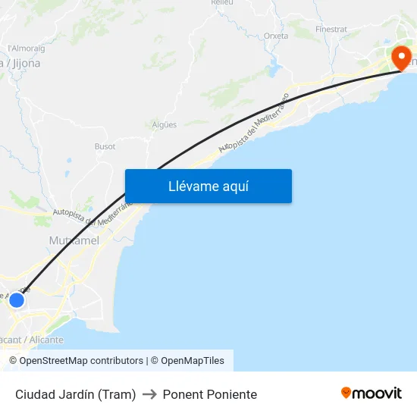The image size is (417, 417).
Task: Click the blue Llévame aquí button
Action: (208, 186)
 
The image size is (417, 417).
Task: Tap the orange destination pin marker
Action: (400, 58)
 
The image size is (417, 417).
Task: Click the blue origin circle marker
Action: (17, 300)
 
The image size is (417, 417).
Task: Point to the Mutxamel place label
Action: (74, 240)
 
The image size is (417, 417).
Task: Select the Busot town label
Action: (105, 146)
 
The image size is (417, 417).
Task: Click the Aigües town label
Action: (165, 124)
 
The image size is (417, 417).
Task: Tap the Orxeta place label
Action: (276, 36)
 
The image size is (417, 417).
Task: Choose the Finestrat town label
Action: (331, 30)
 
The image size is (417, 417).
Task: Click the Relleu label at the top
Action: (222, 3)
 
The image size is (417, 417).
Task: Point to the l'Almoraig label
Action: (26, 49)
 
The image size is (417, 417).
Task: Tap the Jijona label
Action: (23, 64)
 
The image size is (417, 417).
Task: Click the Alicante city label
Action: (34, 340)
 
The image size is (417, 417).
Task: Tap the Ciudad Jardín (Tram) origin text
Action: (76, 394)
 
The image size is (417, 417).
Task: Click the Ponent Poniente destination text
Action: (210, 394)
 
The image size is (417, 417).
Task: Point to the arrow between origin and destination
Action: (149, 394)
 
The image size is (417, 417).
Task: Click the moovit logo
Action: (372, 393)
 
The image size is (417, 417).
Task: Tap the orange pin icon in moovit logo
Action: (346, 393)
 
